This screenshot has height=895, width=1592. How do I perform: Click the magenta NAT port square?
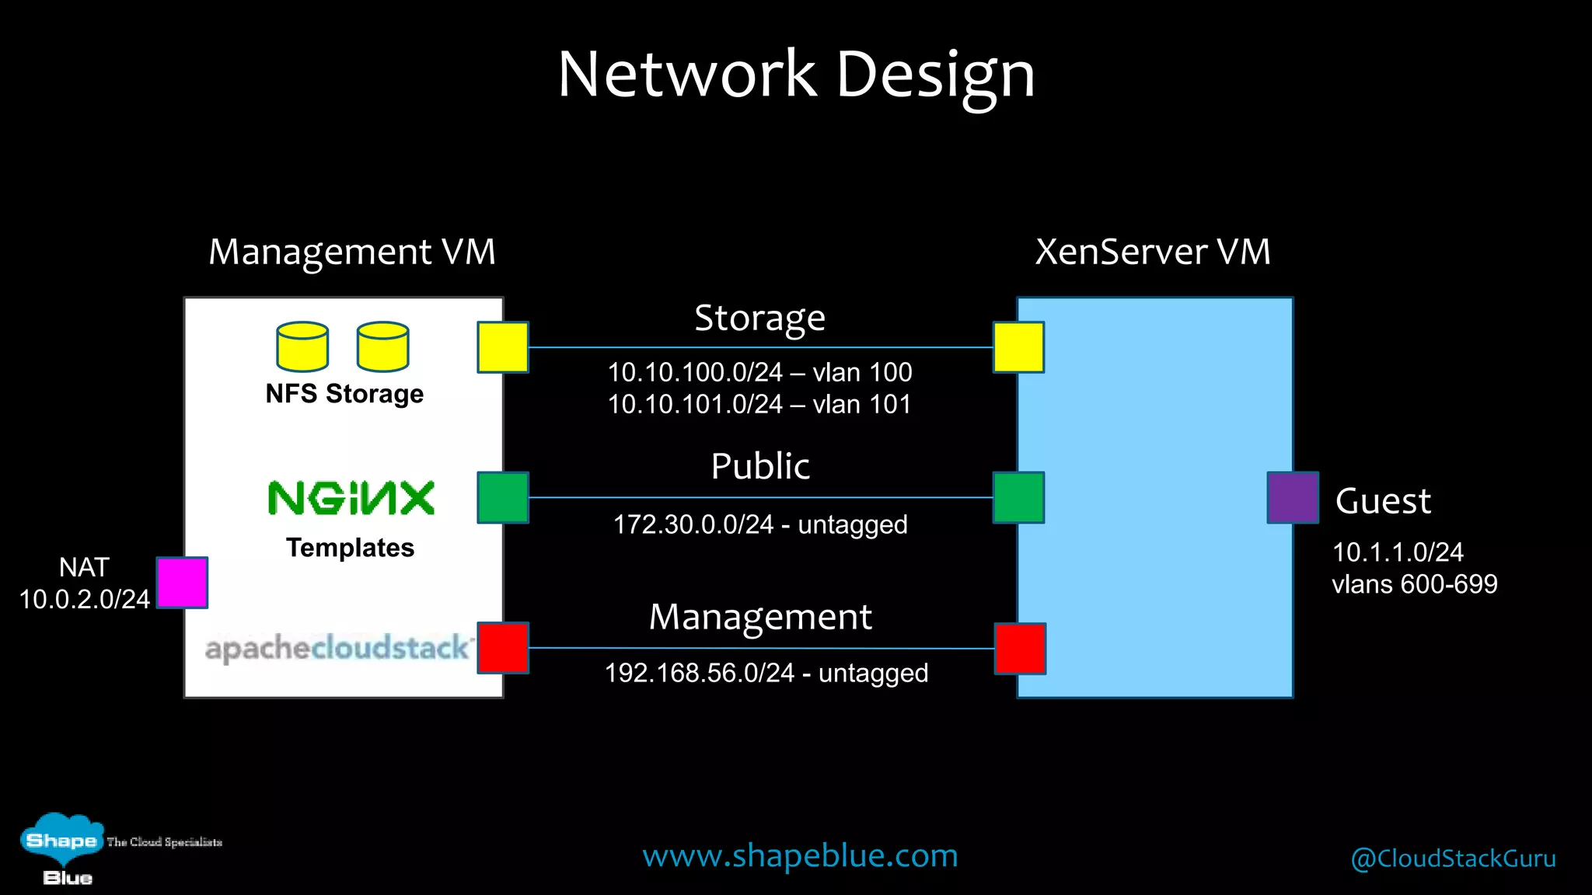point(182,583)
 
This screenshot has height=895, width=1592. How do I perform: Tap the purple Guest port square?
point(1293,497)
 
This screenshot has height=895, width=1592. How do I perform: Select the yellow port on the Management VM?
point(503,347)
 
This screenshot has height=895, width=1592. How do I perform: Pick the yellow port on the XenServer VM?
point(1018,347)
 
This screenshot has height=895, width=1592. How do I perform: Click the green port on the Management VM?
point(503,497)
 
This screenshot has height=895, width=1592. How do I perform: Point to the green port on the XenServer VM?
point(1018,497)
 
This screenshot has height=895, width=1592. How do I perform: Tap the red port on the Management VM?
point(503,647)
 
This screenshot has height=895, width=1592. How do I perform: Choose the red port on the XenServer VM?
point(1020,648)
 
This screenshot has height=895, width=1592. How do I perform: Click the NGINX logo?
point(351,498)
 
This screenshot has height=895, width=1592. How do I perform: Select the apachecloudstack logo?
point(337,648)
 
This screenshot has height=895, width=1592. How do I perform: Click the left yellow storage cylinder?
point(302,347)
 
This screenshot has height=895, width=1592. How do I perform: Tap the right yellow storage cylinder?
point(382,347)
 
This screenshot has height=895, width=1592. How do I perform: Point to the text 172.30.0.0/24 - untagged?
point(760,524)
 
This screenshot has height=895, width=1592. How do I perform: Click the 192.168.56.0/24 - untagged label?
point(766,673)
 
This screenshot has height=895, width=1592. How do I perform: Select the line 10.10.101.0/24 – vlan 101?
point(759,404)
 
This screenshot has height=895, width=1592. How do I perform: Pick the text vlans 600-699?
point(1414,583)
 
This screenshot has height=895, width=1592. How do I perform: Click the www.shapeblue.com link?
point(800,855)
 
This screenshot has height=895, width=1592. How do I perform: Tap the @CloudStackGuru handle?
point(1453,858)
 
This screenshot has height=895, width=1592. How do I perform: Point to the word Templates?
point(350,548)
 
